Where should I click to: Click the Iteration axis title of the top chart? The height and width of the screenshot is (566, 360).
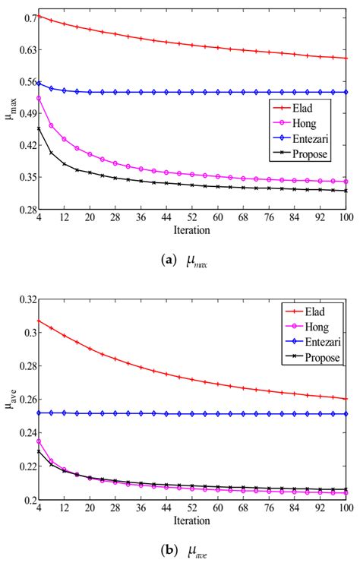(192, 228)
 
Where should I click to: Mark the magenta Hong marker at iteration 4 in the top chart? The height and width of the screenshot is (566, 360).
(39, 98)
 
